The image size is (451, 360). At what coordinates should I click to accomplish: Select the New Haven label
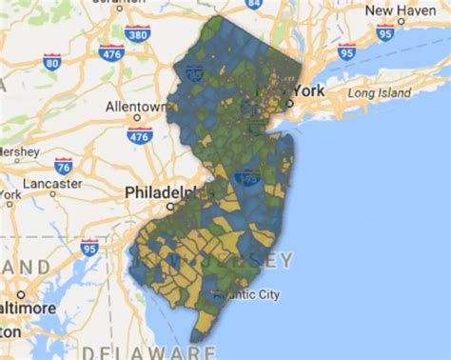click(394, 10)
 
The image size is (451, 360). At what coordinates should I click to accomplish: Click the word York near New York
click(310, 90)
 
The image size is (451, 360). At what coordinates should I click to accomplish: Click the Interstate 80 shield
click(51, 63)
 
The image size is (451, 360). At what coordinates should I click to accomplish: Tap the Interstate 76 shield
click(64, 165)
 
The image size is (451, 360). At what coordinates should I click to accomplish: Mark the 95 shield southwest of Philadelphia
click(89, 248)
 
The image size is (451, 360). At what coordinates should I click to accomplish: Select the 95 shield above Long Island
click(346, 50)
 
